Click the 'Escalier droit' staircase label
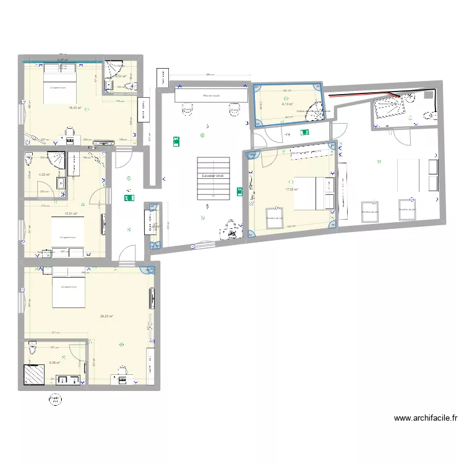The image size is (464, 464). coord(212,176)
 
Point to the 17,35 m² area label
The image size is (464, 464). coord(291,190)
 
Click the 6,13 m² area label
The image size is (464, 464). coord(287,105)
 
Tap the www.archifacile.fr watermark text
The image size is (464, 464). coord(426,418)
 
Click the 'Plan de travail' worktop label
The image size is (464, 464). coord(212,96)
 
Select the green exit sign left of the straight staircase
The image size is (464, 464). coord(176,140)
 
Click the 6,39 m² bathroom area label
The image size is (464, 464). coord(54,363)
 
